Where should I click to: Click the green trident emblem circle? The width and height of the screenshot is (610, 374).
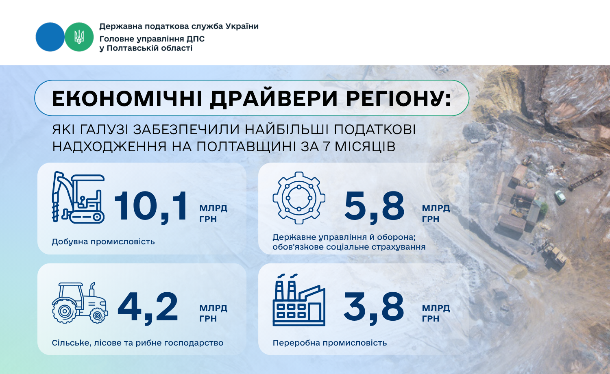[79, 37]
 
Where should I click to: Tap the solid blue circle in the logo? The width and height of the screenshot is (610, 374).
[50, 37]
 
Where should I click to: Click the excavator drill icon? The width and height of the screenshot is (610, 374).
[78, 197]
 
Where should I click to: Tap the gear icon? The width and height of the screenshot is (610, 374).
[299, 198]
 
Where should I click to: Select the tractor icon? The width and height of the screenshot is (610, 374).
[80, 303]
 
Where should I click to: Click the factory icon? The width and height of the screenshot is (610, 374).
[299, 300]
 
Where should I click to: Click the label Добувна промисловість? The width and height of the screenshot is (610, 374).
[103, 242]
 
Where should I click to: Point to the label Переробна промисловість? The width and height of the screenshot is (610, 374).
[330, 343]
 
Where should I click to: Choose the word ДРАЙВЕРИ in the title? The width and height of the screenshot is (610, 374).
[274, 98]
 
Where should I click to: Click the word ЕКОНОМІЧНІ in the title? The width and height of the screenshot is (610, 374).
[127, 98]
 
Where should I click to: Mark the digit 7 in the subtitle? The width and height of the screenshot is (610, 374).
[326, 146]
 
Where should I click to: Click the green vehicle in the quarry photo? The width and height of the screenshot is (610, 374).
[560, 196]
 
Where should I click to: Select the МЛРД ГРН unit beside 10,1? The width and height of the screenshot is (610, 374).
[213, 213]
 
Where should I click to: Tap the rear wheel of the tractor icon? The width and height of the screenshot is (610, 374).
[64, 311]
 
